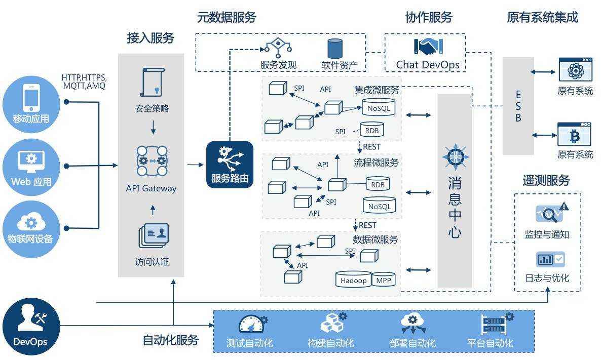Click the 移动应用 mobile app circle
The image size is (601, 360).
click(31, 104)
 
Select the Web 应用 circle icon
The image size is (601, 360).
click(31, 167)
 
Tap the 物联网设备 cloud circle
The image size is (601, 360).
click(31, 228)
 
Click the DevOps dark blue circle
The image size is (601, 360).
click(31, 326)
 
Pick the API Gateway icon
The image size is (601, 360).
click(152, 161)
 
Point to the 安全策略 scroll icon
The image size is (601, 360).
click(152, 83)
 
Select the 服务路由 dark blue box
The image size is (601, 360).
click(230, 165)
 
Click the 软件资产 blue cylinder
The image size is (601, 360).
click(334, 49)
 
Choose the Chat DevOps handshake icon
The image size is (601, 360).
click(428, 47)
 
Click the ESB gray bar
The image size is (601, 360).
click(518, 106)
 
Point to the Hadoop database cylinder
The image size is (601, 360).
click(353, 279)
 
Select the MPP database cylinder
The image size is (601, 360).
click(384, 279)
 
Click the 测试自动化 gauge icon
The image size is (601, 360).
click(251, 325)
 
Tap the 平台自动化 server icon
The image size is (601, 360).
click(494, 324)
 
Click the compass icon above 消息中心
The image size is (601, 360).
click(455, 157)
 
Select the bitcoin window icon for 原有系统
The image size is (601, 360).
click(575, 134)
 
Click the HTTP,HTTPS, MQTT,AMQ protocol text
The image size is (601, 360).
click(84, 82)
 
